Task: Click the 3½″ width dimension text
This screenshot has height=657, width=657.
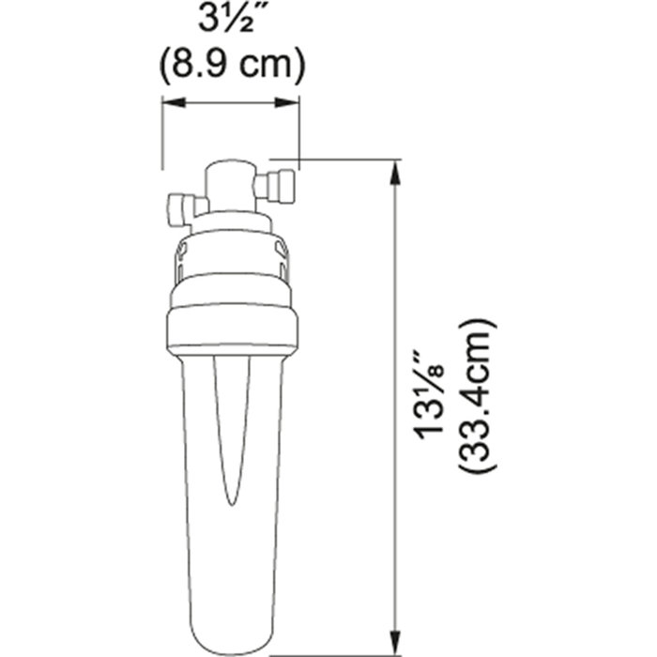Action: [231, 22]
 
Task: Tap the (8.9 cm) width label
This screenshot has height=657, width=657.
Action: [231, 64]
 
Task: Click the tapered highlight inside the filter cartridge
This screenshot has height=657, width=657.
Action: [232, 432]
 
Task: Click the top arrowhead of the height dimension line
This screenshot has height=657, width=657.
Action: [397, 169]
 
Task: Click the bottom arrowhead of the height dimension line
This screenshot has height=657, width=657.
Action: [397, 619]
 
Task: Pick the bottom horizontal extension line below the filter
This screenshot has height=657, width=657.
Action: [338, 630]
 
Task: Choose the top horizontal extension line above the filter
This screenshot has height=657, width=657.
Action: [338, 160]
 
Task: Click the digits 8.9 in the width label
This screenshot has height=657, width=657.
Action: [217, 64]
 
